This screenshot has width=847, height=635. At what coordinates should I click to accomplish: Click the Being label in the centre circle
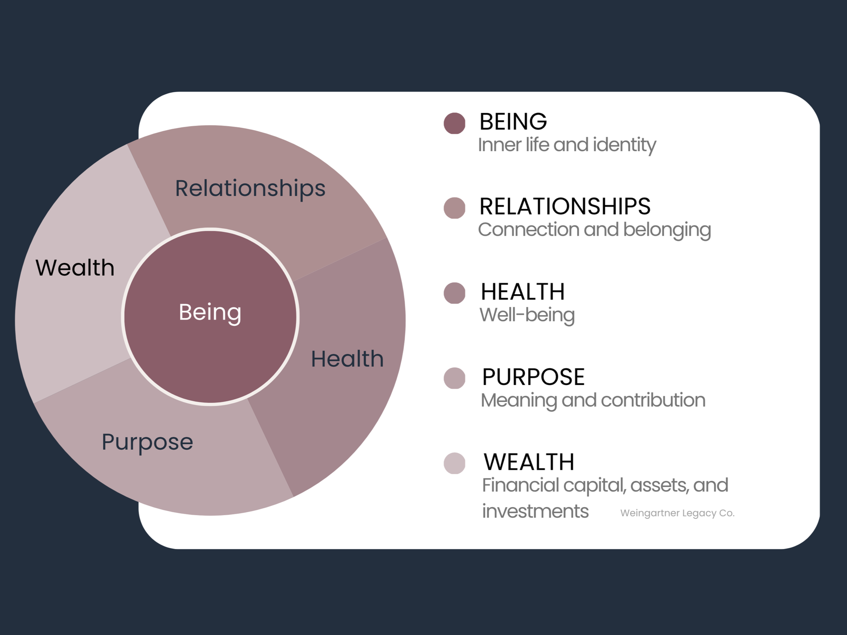[210, 312]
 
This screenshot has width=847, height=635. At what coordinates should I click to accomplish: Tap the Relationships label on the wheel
[250, 188]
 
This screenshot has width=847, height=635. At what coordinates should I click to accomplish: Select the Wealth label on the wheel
[75, 268]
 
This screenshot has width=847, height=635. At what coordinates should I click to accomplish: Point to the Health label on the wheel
[347, 359]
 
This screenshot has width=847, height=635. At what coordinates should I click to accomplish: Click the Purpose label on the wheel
[148, 442]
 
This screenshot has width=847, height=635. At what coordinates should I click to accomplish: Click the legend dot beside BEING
[454, 123]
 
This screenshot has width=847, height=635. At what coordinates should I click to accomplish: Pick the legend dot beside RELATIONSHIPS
[454, 208]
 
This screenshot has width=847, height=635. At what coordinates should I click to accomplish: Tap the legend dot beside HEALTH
[454, 293]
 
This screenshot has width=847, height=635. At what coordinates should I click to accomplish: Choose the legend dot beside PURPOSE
[454, 378]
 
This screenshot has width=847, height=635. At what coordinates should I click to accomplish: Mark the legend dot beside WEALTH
[454, 463]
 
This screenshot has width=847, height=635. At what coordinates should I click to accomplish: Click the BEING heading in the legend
[513, 122]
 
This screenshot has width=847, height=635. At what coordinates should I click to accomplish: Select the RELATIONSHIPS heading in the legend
[565, 207]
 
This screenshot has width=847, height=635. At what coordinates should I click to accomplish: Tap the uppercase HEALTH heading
[523, 292]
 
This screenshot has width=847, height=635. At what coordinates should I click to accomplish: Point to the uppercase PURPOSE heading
[534, 377]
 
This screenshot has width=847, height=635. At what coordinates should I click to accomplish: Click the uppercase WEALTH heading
[529, 462]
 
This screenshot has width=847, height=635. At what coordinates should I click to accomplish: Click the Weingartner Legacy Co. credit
[677, 513]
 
